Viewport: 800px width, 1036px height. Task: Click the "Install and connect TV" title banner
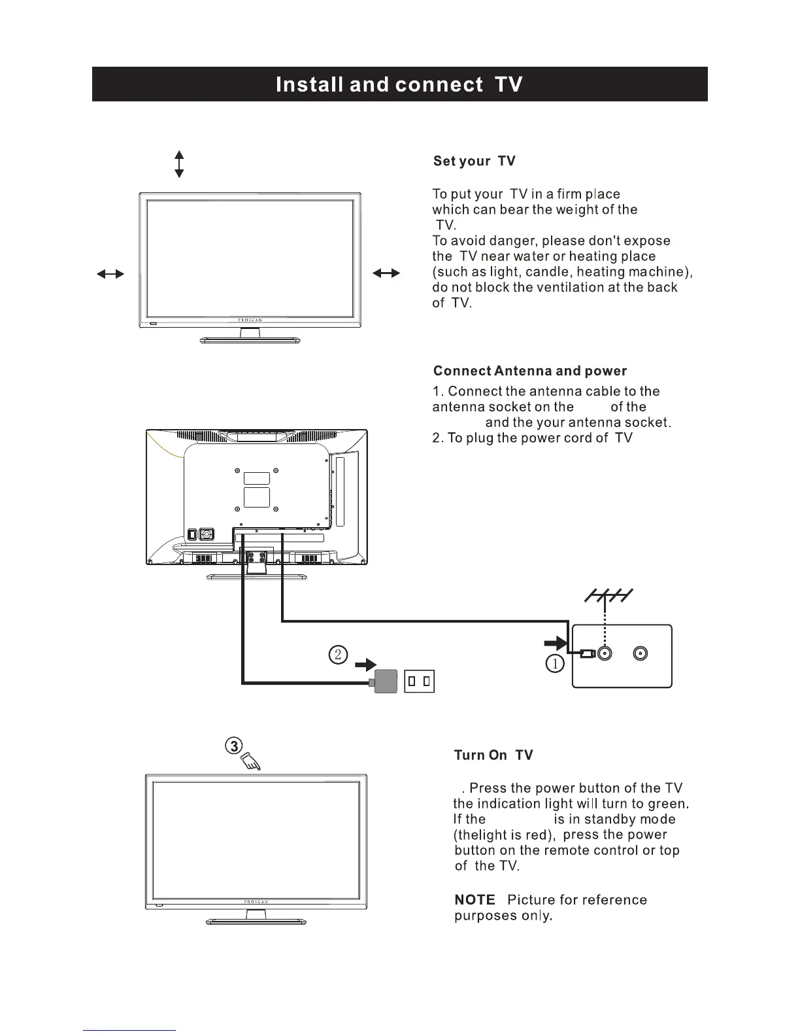(399, 84)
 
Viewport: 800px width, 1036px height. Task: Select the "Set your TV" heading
(474, 161)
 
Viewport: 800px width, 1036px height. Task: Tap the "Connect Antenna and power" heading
(529, 371)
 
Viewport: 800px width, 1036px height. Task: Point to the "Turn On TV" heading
(493, 755)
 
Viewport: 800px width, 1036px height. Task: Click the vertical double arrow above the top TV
(179, 164)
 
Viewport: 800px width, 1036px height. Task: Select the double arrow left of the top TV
(110, 274)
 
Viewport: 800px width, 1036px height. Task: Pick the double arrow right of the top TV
(386, 274)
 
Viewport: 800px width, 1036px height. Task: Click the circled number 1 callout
(554, 664)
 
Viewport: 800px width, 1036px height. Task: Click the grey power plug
(386, 682)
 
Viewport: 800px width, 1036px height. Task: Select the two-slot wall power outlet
(419, 682)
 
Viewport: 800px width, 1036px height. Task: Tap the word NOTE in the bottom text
(475, 900)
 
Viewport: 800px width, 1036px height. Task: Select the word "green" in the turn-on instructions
(667, 804)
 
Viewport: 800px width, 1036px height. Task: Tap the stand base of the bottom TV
(256, 922)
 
